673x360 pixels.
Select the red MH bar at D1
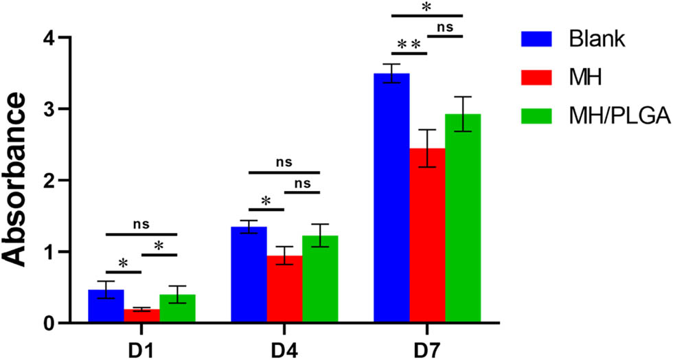click(x=141, y=317)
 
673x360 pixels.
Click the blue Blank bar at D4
click(x=249, y=275)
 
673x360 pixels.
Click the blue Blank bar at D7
click(x=391, y=199)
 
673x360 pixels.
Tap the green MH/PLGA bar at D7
click(x=463, y=219)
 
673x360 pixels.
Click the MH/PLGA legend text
click(x=617, y=117)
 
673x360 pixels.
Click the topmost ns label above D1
click(x=141, y=224)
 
